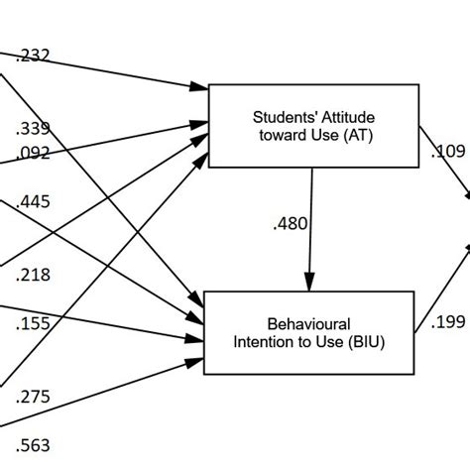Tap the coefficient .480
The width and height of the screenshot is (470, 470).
289,224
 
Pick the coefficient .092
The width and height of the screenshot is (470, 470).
33,154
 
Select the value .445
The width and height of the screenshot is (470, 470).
33,202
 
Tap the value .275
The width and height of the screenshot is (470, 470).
33,397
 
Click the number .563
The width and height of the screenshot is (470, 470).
33,445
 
